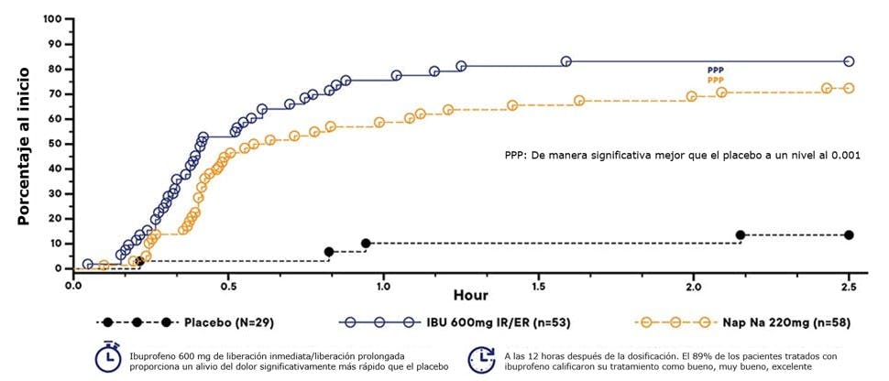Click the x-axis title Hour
click(x=470, y=296)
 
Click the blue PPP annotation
click(x=714, y=71)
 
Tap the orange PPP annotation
click(x=714, y=81)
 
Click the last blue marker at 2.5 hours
click(x=849, y=61)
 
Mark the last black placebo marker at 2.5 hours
click(x=849, y=235)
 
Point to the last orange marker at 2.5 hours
click(x=849, y=88)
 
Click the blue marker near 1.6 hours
click(x=566, y=61)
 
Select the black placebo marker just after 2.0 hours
click(x=741, y=235)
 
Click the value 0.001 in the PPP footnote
click(x=843, y=155)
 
